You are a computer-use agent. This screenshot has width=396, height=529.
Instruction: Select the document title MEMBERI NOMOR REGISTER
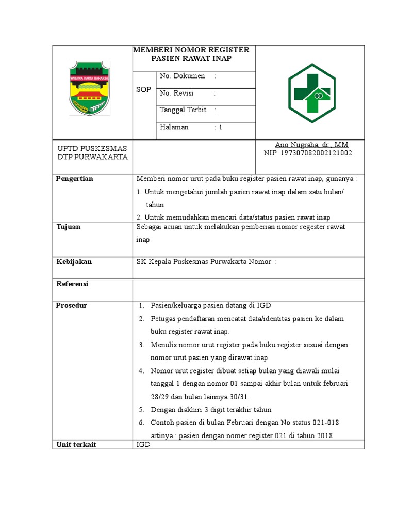[x=191, y=50]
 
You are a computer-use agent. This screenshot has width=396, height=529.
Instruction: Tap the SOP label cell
[x=143, y=90]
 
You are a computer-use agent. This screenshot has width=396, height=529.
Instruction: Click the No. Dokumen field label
[x=182, y=76]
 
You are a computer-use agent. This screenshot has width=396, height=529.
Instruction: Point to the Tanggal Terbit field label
[x=183, y=110]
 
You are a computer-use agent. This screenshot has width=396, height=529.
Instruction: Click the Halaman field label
[x=174, y=127]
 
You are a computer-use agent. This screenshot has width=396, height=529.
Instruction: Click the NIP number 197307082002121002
[x=315, y=153]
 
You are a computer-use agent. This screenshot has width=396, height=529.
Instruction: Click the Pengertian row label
[x=75, y=179]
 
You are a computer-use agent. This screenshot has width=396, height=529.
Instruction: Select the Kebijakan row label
[x=74, y=262]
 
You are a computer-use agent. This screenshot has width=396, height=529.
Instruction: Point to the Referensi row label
[x=72, y=284]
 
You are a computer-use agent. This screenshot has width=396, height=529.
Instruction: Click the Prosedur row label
[x=72, y=305]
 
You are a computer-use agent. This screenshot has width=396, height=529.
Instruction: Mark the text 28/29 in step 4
[x=159, y=397]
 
